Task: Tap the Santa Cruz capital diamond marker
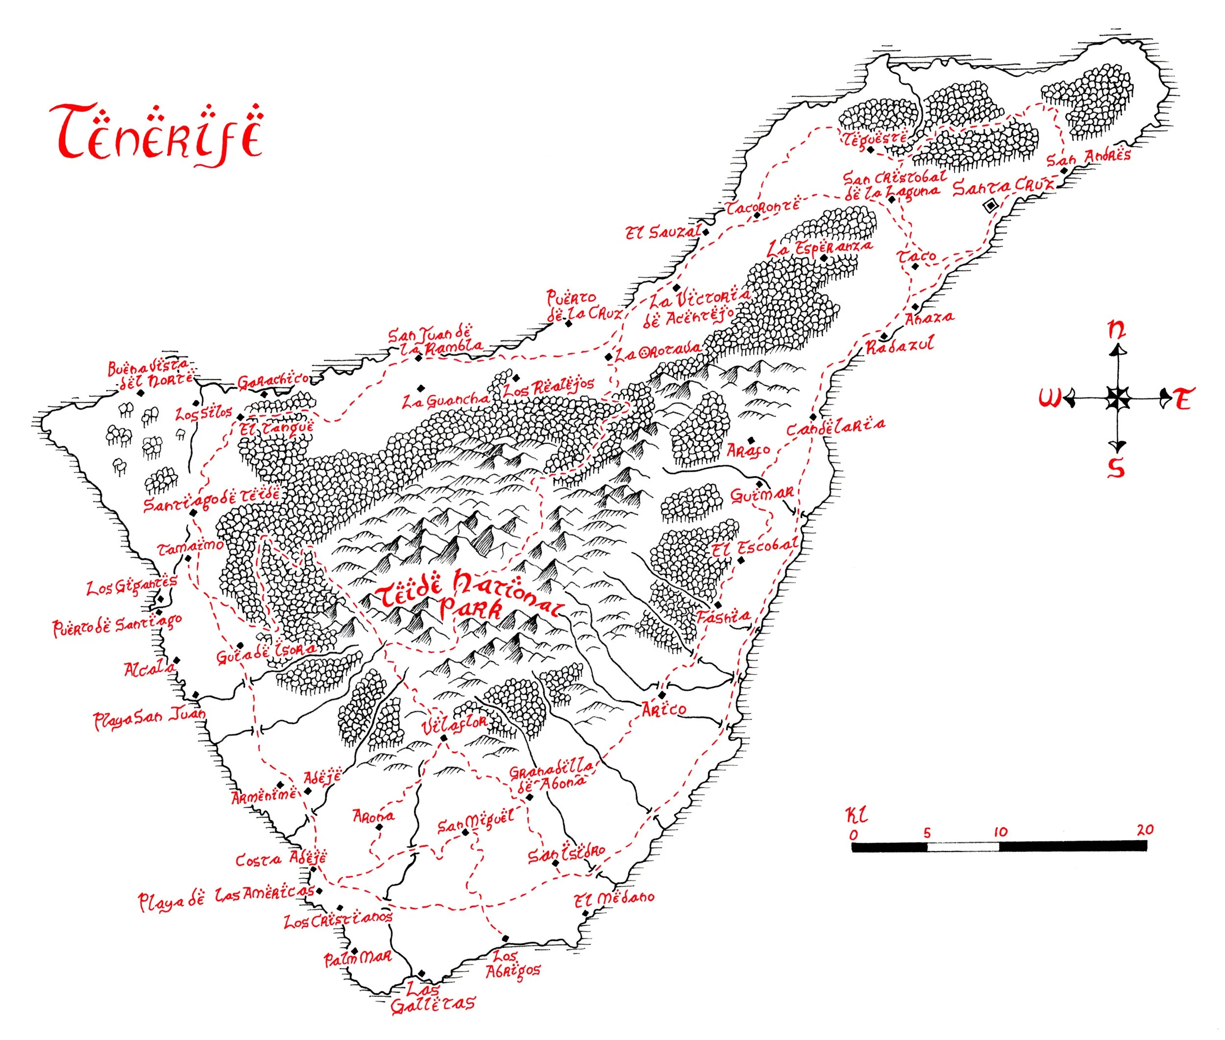(990, 205)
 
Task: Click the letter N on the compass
(1116, 329)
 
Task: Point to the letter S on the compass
(1115, 468)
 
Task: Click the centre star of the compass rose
(1116, 399)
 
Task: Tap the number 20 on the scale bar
(1145, 830)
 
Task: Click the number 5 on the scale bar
(927, 833)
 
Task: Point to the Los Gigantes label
(131, 586)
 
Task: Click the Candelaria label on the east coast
(836, 427)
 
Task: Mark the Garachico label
(272, 381)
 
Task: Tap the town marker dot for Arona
(379, 827)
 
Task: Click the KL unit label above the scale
(857, 816)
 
